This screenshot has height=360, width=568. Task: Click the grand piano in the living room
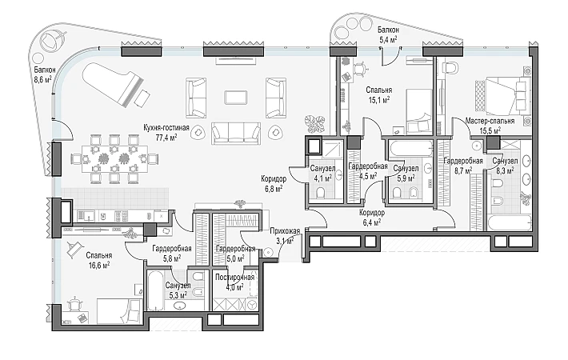(113, 85)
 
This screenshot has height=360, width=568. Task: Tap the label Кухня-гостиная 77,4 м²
(161, 132)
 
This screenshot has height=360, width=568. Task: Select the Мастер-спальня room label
(490, 121)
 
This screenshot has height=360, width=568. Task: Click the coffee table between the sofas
(236, 97)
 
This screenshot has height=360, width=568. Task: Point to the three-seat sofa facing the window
(236, 133)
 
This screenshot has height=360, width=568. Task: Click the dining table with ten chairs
(114, 158)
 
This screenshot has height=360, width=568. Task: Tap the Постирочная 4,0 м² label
(234, 282)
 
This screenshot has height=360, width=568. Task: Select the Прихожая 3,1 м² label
(285, 236)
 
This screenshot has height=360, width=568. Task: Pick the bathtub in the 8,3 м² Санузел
(510, 223)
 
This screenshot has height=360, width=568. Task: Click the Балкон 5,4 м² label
(388, 34)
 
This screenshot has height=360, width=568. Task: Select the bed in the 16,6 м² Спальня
(119, 310)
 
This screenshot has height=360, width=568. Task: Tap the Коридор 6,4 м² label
(372, 218)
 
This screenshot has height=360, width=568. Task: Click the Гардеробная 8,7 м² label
(463, 165)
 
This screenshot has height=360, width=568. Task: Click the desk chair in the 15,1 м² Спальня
(361, 69)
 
